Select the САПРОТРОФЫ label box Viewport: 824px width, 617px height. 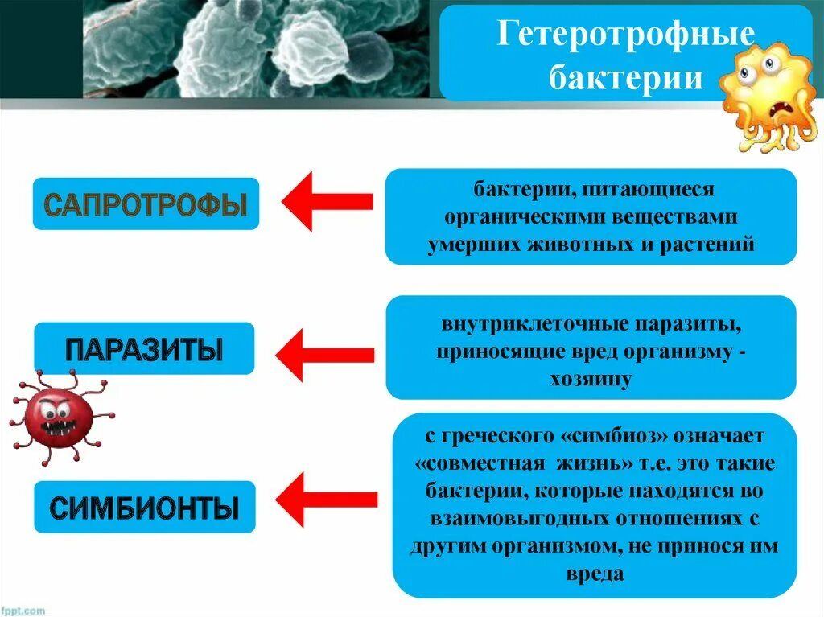pos(146,204)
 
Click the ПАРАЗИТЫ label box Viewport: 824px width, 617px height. pos(143,349)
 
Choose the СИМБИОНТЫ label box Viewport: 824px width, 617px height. pos(144,508)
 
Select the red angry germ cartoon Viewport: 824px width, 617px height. pos(59,416)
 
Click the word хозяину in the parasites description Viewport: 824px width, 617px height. pos(591,378)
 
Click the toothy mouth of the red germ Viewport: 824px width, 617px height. pos(59,427)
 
